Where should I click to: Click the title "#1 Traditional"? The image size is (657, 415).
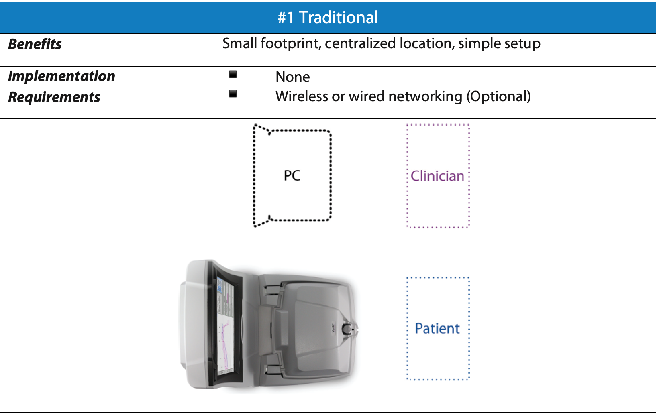(328, 18)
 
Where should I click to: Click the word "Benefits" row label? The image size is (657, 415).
(35, 44)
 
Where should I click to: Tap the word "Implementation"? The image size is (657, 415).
(61, 77)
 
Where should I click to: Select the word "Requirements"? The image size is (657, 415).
(54, 97)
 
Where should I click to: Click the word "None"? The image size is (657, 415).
(292, 77)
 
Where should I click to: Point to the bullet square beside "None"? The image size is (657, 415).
(233, 74)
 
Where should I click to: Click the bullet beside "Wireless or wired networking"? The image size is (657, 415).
(233, 94)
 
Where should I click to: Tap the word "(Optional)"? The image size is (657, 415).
(499, 96)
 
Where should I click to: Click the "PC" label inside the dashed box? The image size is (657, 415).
(292, 176)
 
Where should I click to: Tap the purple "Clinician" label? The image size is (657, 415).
(437, 176)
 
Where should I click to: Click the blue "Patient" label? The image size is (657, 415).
(437, 328)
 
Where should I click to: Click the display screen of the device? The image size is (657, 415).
(226, 326)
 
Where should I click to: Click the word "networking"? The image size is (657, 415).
(425, 97)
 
